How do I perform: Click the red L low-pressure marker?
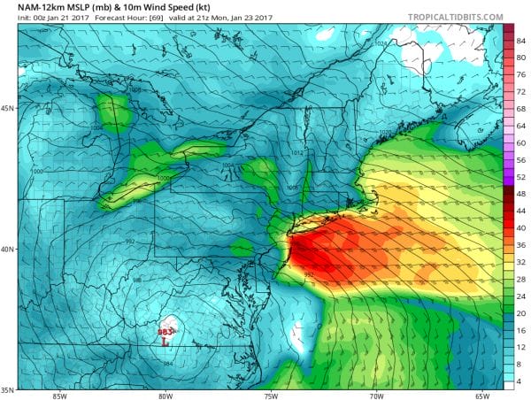[165, 342]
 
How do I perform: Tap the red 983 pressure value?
[165, 332]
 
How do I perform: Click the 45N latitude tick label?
[8, 109]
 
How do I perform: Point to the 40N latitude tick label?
[8, 249]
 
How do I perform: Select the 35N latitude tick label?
[8, 389]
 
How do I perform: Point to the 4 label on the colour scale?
[520, 381]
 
